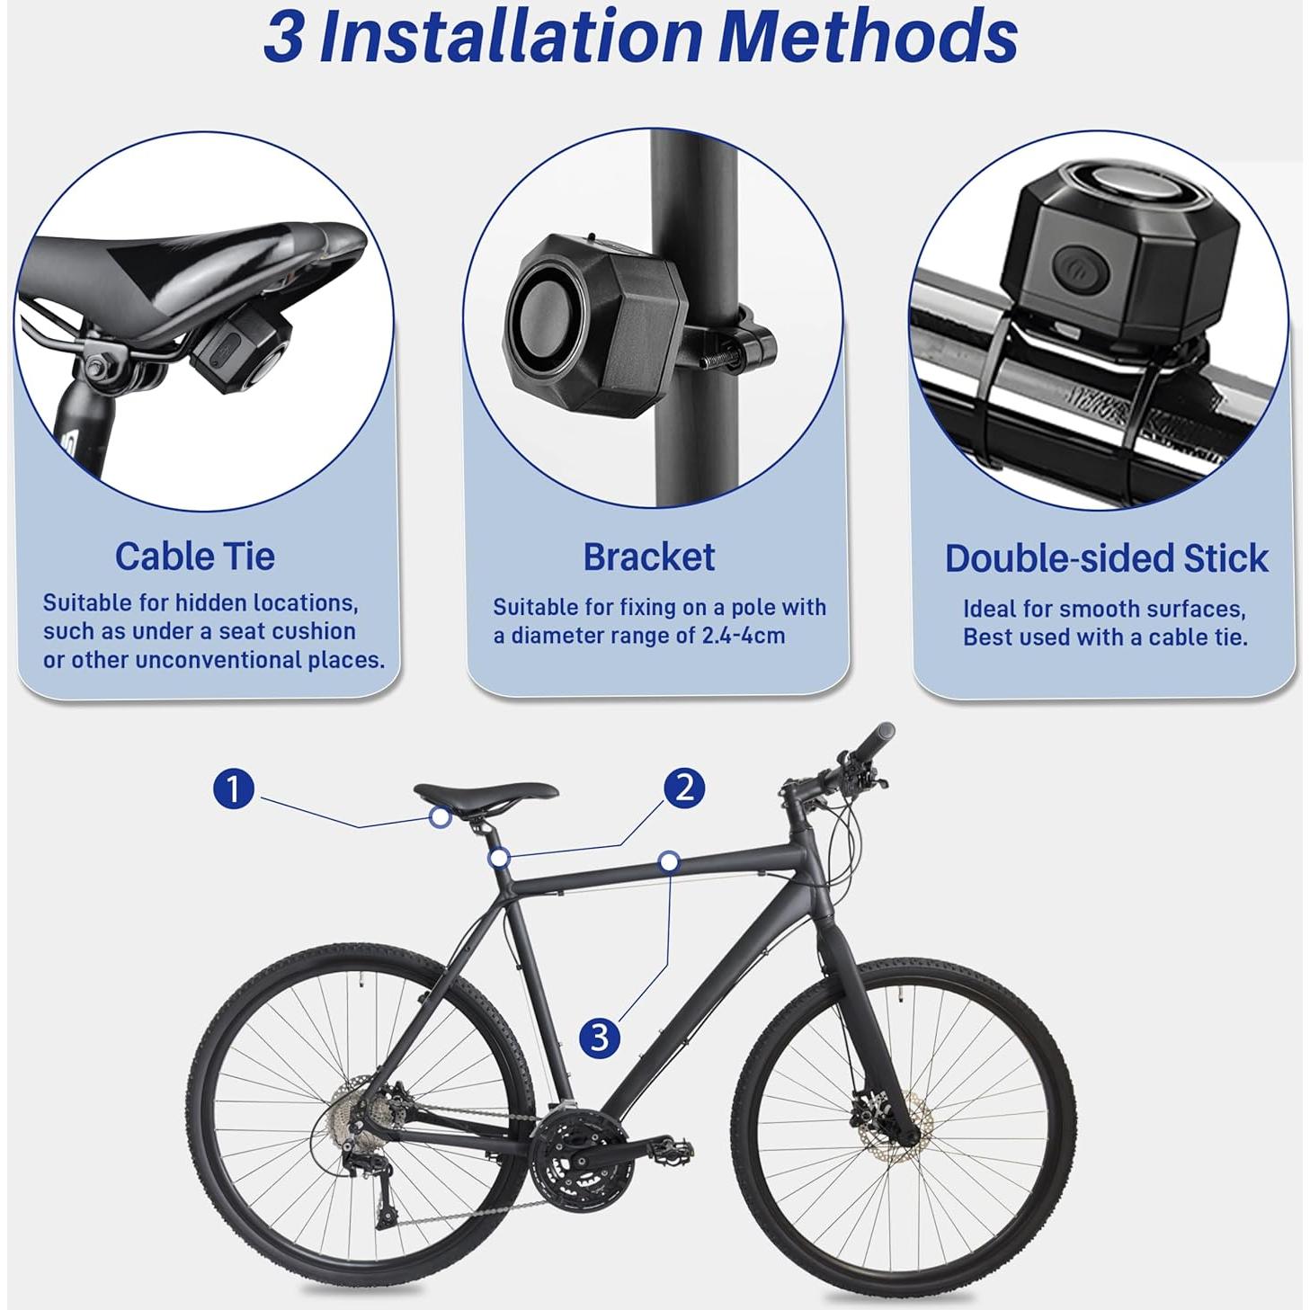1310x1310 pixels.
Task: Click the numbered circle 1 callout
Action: (234, 789)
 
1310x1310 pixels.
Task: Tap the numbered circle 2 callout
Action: (684, 788)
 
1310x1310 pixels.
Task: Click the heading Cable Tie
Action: (194, 557)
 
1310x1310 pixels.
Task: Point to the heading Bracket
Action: (648, 557)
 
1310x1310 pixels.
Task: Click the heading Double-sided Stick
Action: (1106, 558)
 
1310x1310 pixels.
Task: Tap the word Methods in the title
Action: (869, 37)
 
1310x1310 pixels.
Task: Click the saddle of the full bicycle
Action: (486, 793)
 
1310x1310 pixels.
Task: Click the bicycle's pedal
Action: (666, 1148)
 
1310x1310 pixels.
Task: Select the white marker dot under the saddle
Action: (440, 817)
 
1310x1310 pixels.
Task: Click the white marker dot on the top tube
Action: (668, 861)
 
